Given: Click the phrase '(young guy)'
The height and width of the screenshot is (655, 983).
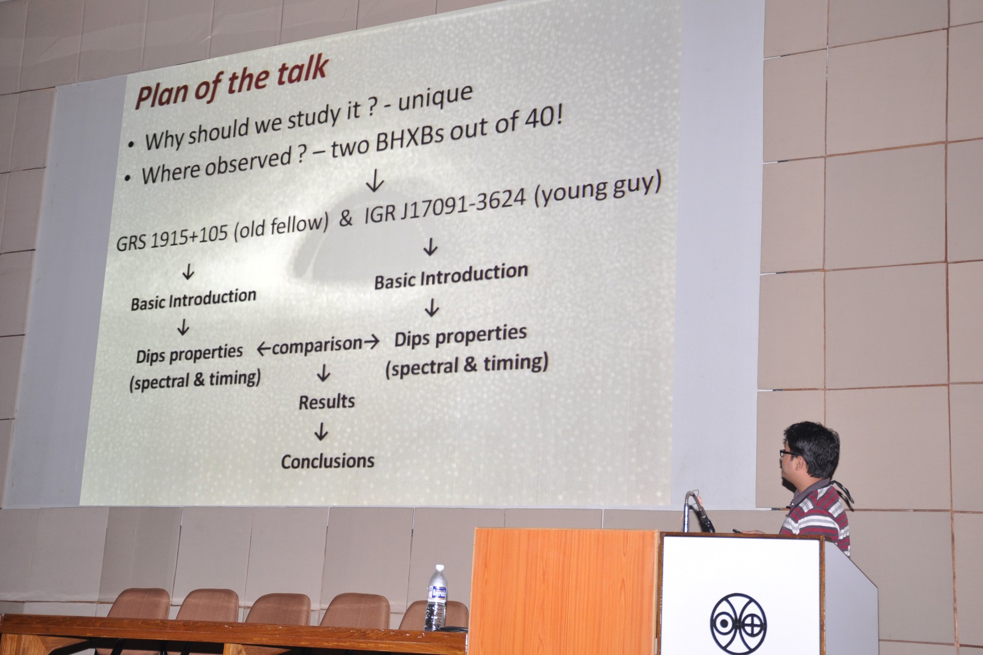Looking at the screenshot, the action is coord(598,189).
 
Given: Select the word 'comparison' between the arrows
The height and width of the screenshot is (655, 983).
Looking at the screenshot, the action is coord(317,344).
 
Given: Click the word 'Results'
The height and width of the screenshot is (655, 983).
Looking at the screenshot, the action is coord(327,402).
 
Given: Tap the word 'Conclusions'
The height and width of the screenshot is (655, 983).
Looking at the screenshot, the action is coord(328,461).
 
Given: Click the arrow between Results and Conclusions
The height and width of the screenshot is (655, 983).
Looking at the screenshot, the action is coord(321,432).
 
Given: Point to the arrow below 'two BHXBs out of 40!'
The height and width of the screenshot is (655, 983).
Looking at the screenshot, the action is coord(375,182).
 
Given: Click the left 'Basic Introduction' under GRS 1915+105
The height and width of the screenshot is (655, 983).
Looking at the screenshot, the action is coord(193,299).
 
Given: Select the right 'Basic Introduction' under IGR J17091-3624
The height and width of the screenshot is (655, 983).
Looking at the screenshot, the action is coord(451,275).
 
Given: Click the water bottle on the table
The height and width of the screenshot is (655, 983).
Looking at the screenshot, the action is coord(436,598).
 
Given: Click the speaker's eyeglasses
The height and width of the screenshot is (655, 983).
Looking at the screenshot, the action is coord(790,455).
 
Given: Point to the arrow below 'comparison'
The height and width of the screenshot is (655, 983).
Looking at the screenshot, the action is coord(323,373).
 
